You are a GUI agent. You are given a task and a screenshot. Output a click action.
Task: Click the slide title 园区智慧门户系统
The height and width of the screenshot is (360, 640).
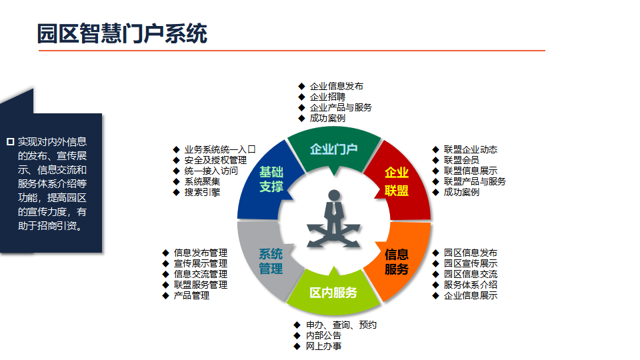pos(122,33)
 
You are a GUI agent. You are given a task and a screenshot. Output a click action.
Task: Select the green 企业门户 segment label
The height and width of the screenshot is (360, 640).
pos(334,149)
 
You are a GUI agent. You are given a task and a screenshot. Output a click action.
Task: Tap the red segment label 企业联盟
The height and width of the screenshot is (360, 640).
pos(396,181)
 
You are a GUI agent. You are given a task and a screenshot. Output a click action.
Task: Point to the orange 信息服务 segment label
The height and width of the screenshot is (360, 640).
pos(396,261)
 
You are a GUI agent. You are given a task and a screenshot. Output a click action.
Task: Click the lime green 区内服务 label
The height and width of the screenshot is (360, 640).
pos(333,292)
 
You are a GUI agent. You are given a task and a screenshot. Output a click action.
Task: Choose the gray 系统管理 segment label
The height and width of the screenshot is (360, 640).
pos(271,261)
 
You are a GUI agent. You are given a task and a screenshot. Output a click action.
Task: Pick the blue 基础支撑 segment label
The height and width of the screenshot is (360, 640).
pos(271,179)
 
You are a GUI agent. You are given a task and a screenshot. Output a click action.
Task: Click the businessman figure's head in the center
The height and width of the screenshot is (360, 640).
pos(334,195)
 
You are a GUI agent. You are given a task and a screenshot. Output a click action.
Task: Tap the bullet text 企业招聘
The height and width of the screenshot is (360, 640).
pos(327,97)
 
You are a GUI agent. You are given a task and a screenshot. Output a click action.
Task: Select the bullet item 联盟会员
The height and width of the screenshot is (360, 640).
pos(461,160)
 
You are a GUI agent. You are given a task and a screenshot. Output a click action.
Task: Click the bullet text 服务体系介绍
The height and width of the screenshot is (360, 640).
pos(470,285)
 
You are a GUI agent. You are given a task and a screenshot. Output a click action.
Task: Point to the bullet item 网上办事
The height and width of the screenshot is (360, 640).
pos(324,346)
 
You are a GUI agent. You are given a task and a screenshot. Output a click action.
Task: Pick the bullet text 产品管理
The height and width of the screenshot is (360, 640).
pos(191,295)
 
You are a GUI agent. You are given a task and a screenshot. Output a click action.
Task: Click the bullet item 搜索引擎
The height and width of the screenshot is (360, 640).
pos(202,192)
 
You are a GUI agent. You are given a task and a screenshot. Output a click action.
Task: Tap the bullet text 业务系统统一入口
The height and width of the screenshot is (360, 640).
pos(220,149)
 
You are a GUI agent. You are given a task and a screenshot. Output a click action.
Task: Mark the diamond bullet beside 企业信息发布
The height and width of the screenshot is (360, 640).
pos(301,86)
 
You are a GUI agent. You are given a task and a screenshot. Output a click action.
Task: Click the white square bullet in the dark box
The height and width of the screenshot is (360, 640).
pos(11,141)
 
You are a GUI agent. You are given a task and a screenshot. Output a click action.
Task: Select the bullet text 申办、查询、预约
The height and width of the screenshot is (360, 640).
pos(341,325)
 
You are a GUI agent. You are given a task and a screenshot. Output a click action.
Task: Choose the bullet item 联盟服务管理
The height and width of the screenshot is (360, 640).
pos(201,285)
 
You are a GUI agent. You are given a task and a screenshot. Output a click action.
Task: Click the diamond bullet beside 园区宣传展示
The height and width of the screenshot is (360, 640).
pos(435,263)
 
